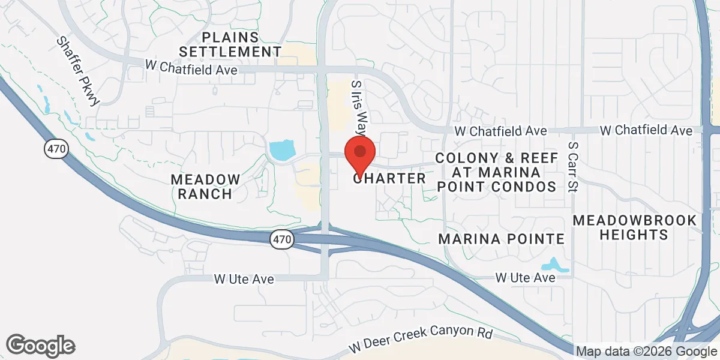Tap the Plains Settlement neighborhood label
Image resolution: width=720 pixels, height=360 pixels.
click(241, 44)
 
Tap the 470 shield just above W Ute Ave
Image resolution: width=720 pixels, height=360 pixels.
click(281, 239)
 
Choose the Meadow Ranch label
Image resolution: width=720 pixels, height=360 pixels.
click(206, 186)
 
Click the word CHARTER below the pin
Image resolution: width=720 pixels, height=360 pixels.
click(390, 178)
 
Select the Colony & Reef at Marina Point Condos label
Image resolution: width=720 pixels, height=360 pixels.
click(496, 172)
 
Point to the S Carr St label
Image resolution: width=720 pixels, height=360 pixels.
click(572, 167)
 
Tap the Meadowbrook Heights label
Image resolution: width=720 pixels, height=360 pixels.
click(635, 227)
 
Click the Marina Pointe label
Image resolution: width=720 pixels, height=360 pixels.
click(502, 239)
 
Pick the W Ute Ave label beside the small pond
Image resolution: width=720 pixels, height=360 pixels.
click(525, 278)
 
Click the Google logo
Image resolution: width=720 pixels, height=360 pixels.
click(40, 345)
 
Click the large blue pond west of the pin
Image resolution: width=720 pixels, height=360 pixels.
click(282, 150)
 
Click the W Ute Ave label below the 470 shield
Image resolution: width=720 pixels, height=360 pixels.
click(244, 279)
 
